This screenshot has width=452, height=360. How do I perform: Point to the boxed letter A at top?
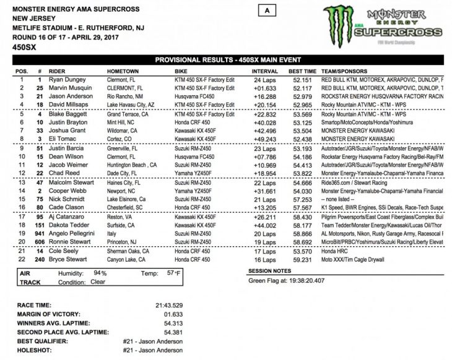(266, 11)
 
